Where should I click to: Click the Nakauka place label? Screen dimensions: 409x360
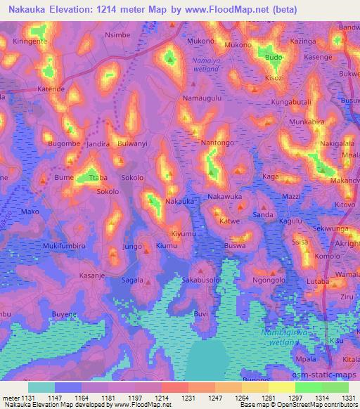click(x=179, y=202)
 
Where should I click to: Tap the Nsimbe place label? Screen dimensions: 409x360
click(x=117, y=34)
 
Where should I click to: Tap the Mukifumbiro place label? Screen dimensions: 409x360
click(x=43, y=247)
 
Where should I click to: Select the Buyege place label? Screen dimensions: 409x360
click(x=65, y=315)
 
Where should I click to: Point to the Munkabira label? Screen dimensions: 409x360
click(x=307, y=122)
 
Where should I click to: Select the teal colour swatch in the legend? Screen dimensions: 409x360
click(x=41, y=387)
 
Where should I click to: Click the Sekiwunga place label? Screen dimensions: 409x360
click(x=331, y=229)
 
